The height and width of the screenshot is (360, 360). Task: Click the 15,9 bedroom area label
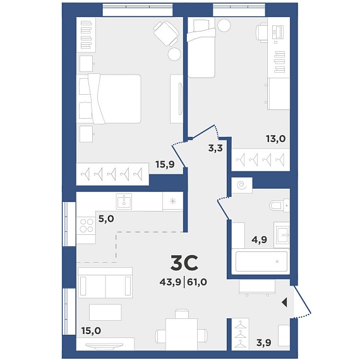(x=165, y=164)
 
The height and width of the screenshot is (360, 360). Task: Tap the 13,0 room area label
(x=276, y=139)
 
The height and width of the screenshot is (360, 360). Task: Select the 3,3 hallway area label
(x=215, y=148)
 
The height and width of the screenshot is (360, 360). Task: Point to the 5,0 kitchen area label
(x=106, y=219)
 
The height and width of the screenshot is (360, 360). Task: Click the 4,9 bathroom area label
(x=259, y=240)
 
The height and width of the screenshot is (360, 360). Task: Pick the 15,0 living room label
(x=91, y=331)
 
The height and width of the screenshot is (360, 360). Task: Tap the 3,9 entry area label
(x=264, y=343)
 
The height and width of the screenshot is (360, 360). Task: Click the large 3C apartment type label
(x=184, y=263)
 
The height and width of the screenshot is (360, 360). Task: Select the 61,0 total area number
(x=197, y=282)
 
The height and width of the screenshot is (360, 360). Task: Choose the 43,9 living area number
(x=171, y=282)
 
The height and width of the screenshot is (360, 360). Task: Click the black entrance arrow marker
(x=284, y=303)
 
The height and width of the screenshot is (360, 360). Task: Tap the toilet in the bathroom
(x=279, y=205)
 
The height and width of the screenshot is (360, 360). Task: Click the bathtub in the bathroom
(x=261, y=261)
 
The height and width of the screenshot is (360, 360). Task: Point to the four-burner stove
(x=86, y=225)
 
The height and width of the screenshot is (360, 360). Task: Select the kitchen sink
(x=124, y=201)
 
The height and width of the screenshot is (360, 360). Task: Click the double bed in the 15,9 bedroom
(x=109, y=99)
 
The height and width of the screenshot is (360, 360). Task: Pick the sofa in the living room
(x=105, y=283)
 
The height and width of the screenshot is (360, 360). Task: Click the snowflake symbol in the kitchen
(x=172, y=201)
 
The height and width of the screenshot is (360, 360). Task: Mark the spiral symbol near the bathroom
(x=241, y=185)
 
